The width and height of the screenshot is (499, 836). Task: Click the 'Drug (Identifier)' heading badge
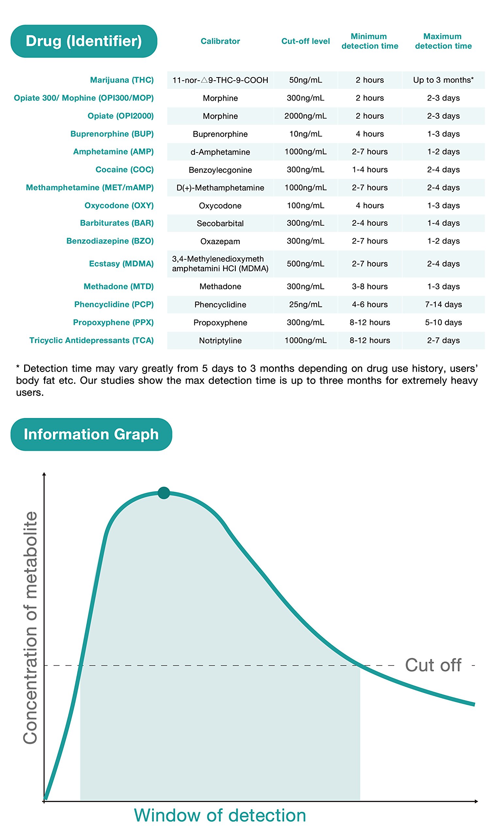click(84, 41)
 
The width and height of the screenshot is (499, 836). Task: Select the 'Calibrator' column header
click(220, 41)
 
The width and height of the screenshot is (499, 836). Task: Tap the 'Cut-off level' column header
click(305, 41)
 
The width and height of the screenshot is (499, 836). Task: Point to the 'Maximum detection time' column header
click(443, 41)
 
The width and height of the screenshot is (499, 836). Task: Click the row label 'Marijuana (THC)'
click(122, 80)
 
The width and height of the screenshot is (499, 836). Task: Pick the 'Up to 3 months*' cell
click(443, 80)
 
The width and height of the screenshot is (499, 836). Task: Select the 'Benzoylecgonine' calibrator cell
click(220, 170)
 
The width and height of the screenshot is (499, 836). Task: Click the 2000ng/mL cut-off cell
click(305, 116)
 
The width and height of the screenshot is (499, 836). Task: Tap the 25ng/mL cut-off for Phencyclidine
click(305, 305)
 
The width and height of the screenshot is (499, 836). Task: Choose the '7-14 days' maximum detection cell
click(443, 305)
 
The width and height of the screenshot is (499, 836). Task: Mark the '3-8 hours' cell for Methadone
click(370, 286)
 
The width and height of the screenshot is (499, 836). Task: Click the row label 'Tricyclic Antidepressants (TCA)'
click(91, 341)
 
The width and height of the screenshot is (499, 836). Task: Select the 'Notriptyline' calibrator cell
click(220, 341)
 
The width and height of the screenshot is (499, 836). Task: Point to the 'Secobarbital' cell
click(220, 223)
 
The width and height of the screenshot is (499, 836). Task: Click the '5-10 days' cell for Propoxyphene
click(443, 322)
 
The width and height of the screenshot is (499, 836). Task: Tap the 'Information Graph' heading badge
click(91, 434)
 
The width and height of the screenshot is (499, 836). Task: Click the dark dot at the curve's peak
click(164, 493)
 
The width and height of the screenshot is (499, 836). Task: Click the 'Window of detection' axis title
click(220, 815)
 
